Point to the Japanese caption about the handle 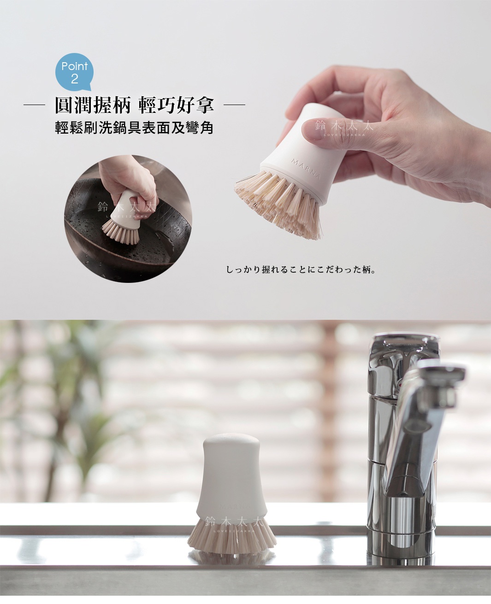pos(302,269)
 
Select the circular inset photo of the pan pos(128,218)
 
